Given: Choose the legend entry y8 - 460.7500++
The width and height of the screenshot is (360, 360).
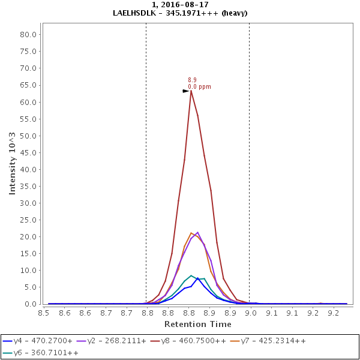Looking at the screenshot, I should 193,341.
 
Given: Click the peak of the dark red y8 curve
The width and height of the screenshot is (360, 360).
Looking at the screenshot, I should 191,91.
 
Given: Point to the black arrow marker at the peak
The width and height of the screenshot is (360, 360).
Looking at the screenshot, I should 185,91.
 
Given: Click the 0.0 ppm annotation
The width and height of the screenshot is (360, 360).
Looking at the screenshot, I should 199,87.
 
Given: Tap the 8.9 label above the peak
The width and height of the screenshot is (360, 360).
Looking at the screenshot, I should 192,80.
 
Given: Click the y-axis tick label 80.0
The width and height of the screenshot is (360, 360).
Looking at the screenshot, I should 29,34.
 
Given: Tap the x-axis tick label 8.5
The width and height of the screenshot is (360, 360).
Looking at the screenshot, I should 44,313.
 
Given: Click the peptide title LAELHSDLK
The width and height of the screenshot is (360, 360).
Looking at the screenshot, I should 139,13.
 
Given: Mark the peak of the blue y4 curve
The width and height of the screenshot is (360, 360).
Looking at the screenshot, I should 197,278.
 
